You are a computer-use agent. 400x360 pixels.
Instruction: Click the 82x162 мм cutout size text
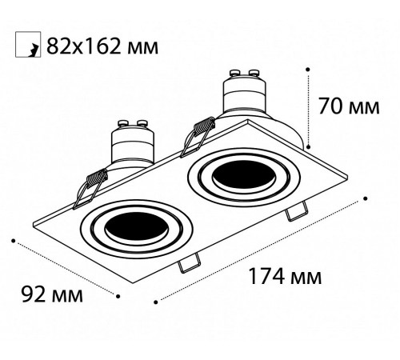(102, 46)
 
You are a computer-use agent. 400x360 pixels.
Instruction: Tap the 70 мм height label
(349, 106)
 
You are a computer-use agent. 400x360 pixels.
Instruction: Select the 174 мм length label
(286, 278)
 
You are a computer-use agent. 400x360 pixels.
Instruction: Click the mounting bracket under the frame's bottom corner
(190, 262)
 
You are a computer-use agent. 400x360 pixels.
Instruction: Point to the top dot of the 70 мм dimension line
(308, 70)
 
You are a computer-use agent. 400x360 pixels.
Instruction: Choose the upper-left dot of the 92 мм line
(14, 239)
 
